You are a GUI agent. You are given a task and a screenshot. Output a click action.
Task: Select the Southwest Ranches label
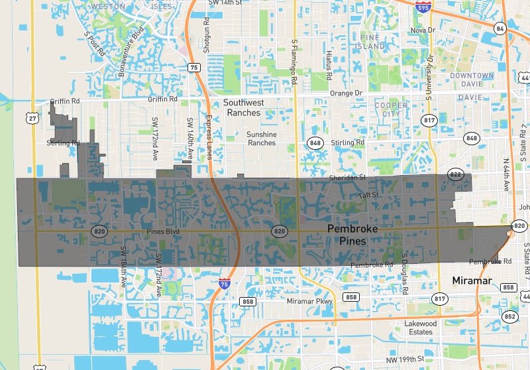pos(243,107)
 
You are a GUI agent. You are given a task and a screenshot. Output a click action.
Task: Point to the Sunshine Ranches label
pos(261,139)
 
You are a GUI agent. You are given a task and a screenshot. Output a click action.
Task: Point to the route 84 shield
pos(500,28)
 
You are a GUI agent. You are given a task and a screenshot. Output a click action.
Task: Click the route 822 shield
pos(455,174)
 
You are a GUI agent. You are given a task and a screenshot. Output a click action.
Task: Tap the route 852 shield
pos(509,316)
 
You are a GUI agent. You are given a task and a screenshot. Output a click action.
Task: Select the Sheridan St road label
pos(348,178)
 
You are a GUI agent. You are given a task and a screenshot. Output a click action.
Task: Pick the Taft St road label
pos(368,195)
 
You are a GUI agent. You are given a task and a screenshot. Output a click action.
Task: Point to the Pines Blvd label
pos(163,231)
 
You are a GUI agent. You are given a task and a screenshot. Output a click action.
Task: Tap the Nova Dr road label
pos(423,31)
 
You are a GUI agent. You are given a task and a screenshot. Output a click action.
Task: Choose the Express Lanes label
pos(207,137)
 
